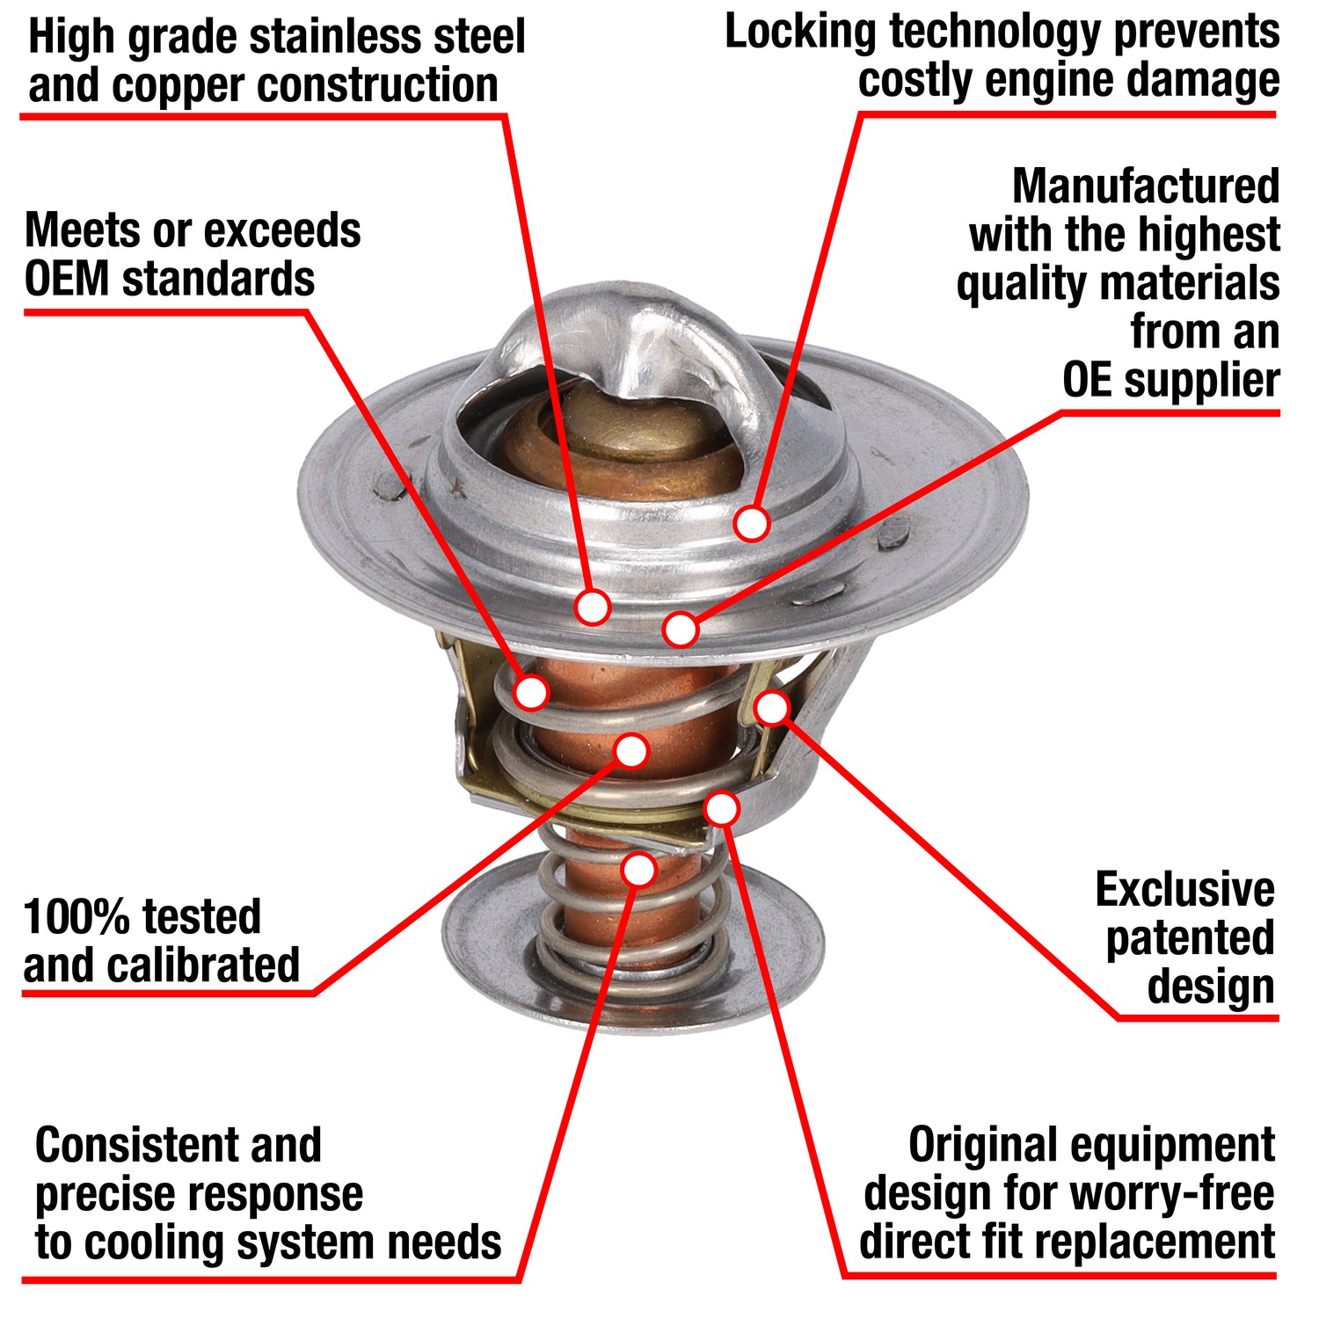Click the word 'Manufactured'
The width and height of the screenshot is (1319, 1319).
1146,186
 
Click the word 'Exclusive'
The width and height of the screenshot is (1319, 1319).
1184,890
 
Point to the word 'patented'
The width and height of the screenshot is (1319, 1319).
1190,938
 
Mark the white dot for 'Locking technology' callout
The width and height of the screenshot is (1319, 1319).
751,523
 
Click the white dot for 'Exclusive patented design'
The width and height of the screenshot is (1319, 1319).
772,708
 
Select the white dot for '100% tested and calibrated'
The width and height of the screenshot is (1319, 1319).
631,750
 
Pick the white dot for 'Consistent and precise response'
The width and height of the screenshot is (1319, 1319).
638,869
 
